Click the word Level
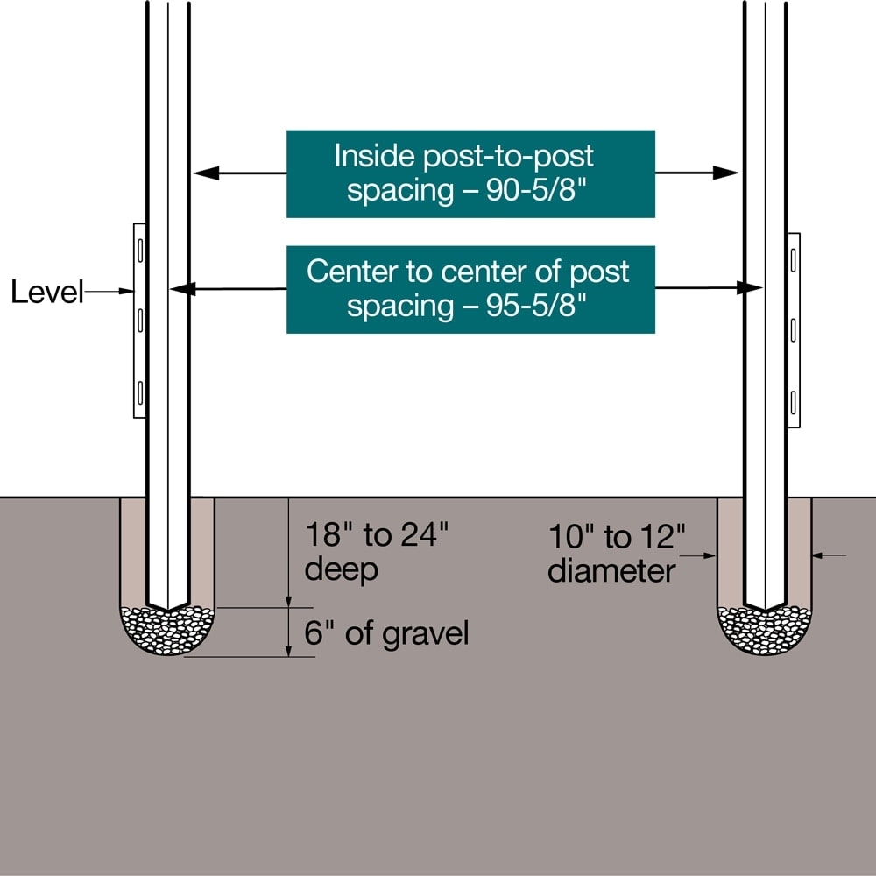[x=46, y=292]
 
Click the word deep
[x=342, y=569]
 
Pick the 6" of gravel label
[x=386, y=632]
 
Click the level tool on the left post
[x=138, y=321]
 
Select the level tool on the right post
[x=794, y=330]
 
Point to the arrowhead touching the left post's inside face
[x=204, y=173]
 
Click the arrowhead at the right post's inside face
[x=727, y=173]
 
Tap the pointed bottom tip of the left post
[x=167, y=607]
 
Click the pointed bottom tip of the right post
[x=765, y=607]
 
